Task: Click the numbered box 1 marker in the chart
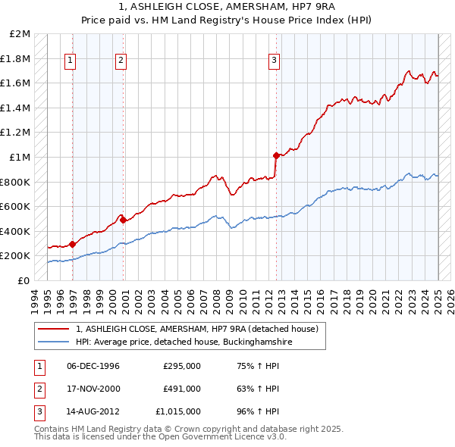[x=70, y=62]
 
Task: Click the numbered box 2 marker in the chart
[x=121, y=62]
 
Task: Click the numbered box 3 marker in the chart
[x=274, y=62]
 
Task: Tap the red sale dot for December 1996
[x=73, y=244]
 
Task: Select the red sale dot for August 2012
[x=276, y=155]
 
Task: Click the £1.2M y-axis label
[x=17, y=133]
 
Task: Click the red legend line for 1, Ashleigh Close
[x=54, y=329]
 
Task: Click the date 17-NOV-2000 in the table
[x=93, y=389]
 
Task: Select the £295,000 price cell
[x=182, y=366]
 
